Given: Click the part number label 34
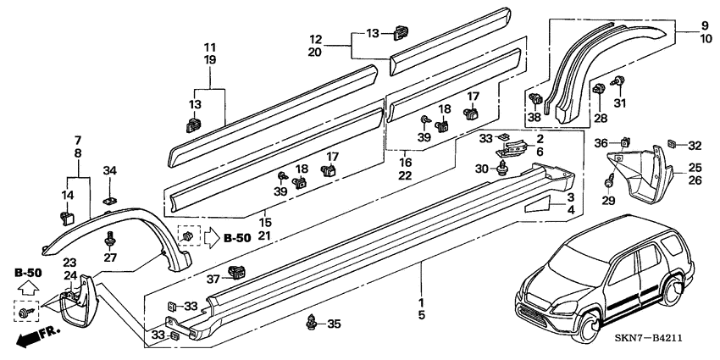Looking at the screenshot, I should coord(109,172).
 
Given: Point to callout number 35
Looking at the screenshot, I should coord(334,324).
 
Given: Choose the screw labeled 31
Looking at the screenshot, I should coord(618,83).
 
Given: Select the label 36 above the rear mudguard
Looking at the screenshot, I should coord(601,142).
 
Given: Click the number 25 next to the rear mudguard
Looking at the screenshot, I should coord(694,168).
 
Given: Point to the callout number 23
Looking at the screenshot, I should coord(69,263).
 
